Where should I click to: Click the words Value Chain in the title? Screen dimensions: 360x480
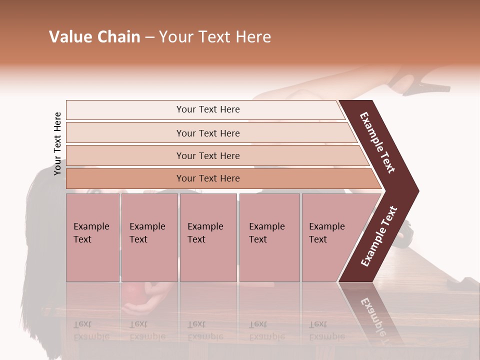coord(94,37)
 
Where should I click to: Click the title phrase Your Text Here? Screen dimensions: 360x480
coord(215,37)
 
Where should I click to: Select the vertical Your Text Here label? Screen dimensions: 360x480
coord(57,143)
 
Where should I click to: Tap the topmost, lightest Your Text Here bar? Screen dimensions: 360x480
coord(207,109)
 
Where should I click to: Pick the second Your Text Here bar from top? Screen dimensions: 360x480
coord(207,133)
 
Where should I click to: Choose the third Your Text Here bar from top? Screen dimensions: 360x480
coord(207,155)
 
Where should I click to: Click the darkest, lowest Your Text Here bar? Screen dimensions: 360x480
coord(207,178)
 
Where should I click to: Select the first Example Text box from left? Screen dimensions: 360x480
coord(92,237)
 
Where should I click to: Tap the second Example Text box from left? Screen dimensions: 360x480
coord(149,237)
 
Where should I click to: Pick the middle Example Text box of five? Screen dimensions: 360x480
coord(208,237)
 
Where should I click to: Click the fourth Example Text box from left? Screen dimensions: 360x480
coord(269,237)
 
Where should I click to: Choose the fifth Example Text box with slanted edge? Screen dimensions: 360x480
coord(330,237)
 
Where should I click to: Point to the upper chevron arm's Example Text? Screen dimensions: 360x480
coord(377,142)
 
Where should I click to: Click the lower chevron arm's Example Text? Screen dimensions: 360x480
coord(379,236)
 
